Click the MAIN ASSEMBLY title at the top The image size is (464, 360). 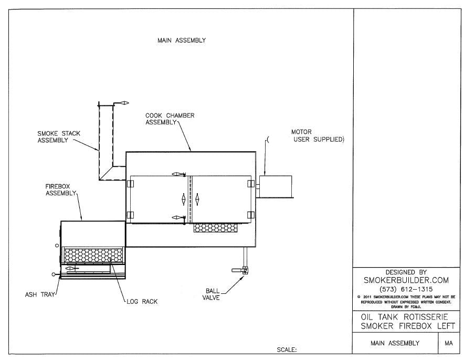[182, 40]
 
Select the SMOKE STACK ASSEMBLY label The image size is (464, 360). [59, 137]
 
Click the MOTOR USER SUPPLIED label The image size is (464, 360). [318, 135]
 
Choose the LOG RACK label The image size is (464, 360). [142, 302]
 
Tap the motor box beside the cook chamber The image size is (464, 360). [276, 186]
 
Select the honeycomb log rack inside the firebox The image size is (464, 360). [93, 256]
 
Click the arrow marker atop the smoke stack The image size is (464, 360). [122, 103]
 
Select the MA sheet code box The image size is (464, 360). [449, 343]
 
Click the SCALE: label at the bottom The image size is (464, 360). [287, 349]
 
